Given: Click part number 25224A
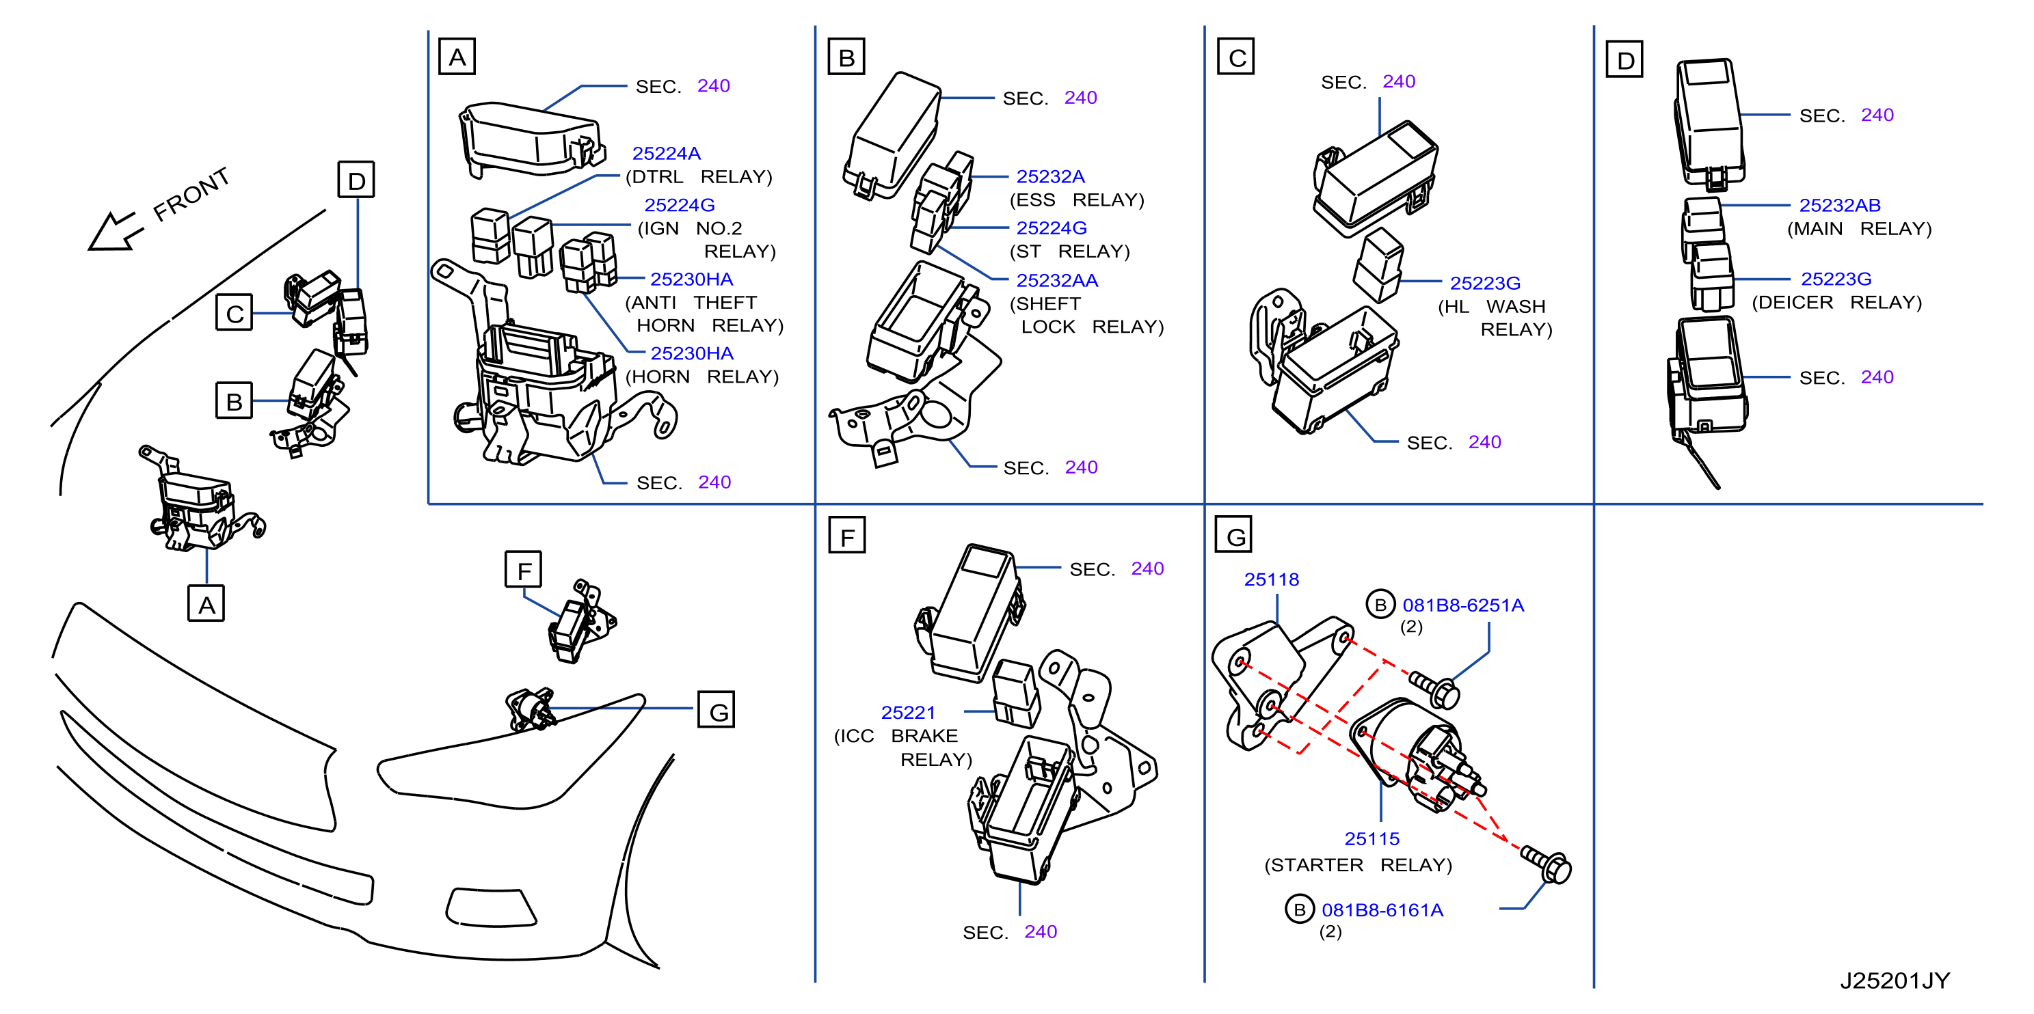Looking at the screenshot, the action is pos(666,153).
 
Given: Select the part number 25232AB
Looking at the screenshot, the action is pos(1839,205).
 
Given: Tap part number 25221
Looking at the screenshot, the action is pos(907,713).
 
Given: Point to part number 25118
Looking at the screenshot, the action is pos(1271,579).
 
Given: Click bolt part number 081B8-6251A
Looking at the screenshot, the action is pos(1462,605).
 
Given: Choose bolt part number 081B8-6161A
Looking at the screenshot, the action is pos(1382,910).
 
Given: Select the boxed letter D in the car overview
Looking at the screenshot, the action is pos(356,180).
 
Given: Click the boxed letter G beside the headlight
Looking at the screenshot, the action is pos(716,709).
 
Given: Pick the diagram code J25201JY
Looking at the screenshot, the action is pos(1895,980).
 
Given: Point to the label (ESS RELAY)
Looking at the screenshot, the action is pos(1077,200).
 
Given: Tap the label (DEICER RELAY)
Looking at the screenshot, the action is pos(1836,302).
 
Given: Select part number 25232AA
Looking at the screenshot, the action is pos(1056,280).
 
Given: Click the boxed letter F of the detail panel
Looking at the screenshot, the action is pos(846,535).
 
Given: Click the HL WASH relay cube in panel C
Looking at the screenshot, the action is pos(1378,265).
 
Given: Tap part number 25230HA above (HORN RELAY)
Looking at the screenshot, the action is pos(692,353).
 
